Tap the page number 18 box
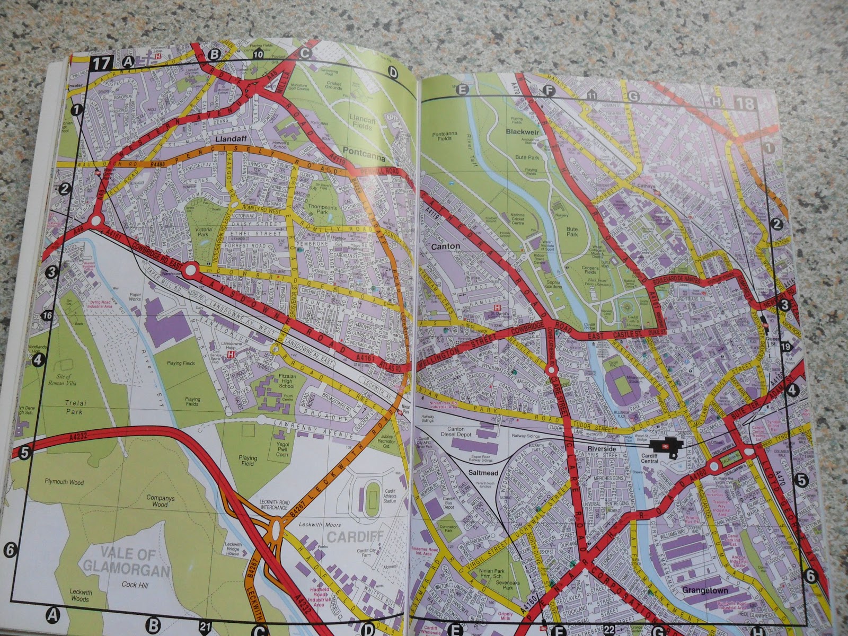tap(745, 103)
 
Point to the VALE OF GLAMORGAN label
tap(126, 563)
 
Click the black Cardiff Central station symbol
tap(666, 446)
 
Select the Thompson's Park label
tap(322, 195)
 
